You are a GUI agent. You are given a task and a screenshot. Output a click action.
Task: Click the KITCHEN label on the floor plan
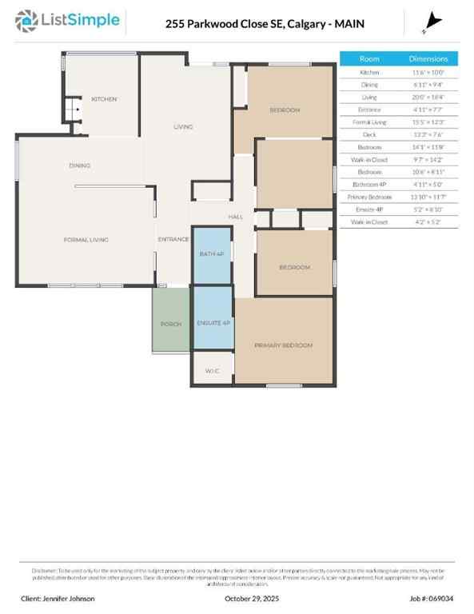pos(104,99)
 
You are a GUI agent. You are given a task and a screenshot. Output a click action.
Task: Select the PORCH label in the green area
pos(171,324)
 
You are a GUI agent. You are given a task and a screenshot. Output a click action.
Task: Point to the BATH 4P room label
pos(212,254)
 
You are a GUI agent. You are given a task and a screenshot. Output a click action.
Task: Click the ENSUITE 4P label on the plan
pos(213,323)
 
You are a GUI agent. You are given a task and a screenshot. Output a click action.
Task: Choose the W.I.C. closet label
pos(212,371)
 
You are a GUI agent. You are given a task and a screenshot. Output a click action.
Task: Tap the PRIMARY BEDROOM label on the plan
pos(283,345)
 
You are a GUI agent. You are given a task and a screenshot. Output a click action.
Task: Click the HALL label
pos(236,217)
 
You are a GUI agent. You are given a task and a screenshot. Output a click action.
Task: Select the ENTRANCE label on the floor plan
pos(173,239)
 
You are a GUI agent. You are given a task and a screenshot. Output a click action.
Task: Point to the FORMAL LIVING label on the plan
pos(86,239)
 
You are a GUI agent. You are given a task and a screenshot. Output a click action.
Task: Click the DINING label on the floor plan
pos(79,165)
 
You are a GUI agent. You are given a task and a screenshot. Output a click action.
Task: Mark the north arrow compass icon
pos(434,22)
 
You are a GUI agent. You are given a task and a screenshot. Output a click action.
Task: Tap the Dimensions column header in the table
pos(428,59)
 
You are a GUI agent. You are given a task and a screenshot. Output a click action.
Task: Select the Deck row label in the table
pos(369,134)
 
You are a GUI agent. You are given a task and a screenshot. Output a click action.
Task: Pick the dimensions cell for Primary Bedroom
pos(428,197)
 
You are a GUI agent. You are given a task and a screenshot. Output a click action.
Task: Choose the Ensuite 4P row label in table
pos(369,209)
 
